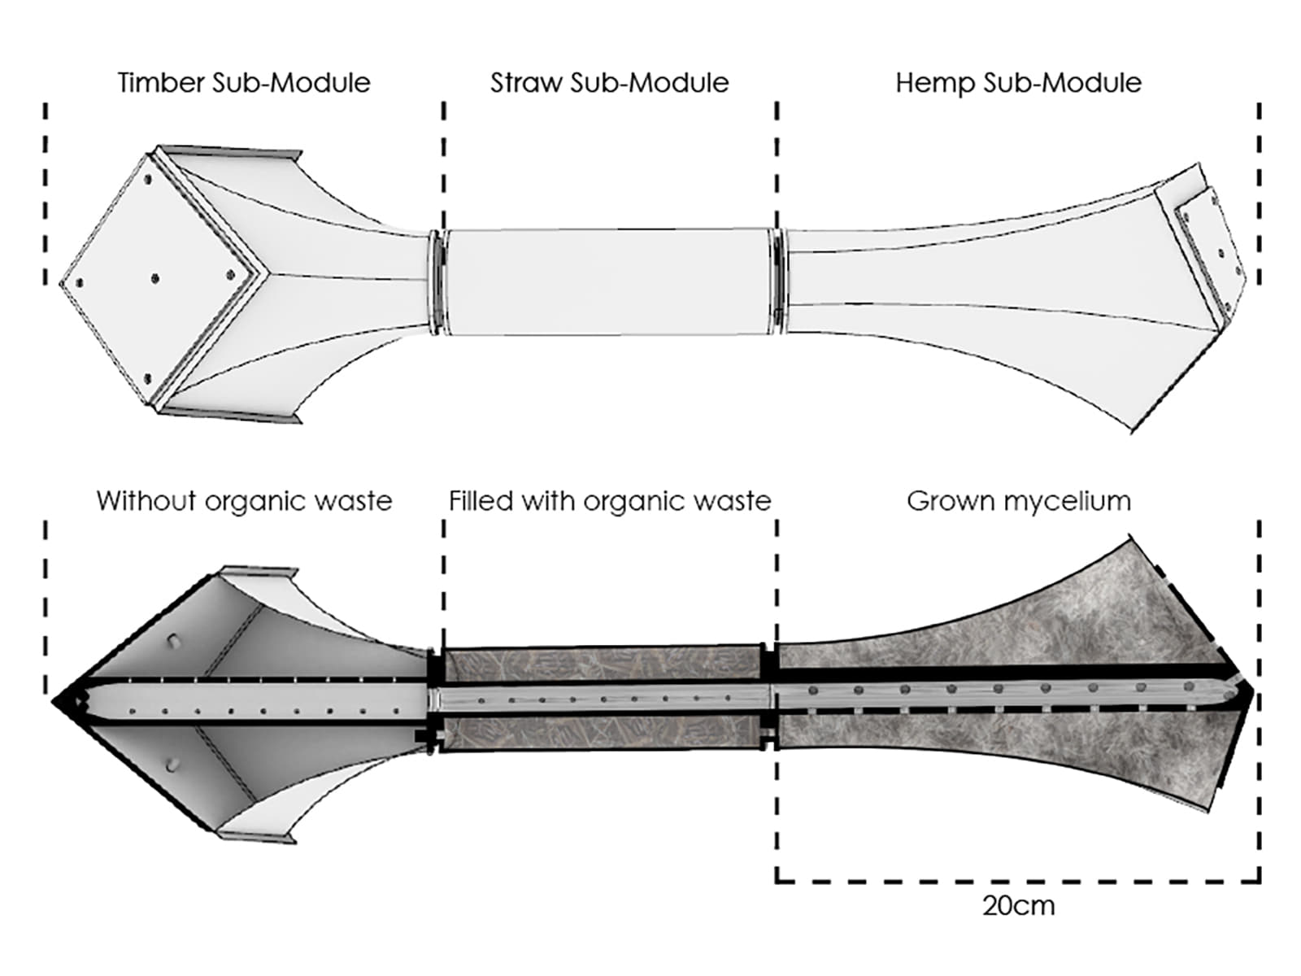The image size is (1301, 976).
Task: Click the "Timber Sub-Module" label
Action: (243, 83)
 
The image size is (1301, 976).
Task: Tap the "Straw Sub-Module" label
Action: (609, 83)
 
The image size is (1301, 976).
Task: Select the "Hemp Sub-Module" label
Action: (1018, 83)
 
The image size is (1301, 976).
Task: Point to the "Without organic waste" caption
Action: (244, 501)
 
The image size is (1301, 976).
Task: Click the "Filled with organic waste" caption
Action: (610, 501)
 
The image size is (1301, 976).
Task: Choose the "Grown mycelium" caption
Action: (1018, 501)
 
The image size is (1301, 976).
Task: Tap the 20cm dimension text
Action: (1018, 906)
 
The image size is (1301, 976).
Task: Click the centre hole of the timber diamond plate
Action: (154, 279)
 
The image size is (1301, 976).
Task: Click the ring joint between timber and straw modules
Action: (437, 281)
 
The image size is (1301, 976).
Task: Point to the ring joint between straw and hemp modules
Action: (778, 281)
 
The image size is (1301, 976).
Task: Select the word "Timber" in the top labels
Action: (160, 83)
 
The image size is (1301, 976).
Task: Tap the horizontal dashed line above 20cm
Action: (1018, 881)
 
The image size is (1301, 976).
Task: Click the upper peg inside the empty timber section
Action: (173, 640)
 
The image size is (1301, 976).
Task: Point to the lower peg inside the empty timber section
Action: (172, 765)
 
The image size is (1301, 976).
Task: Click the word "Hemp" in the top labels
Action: (935, 83)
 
